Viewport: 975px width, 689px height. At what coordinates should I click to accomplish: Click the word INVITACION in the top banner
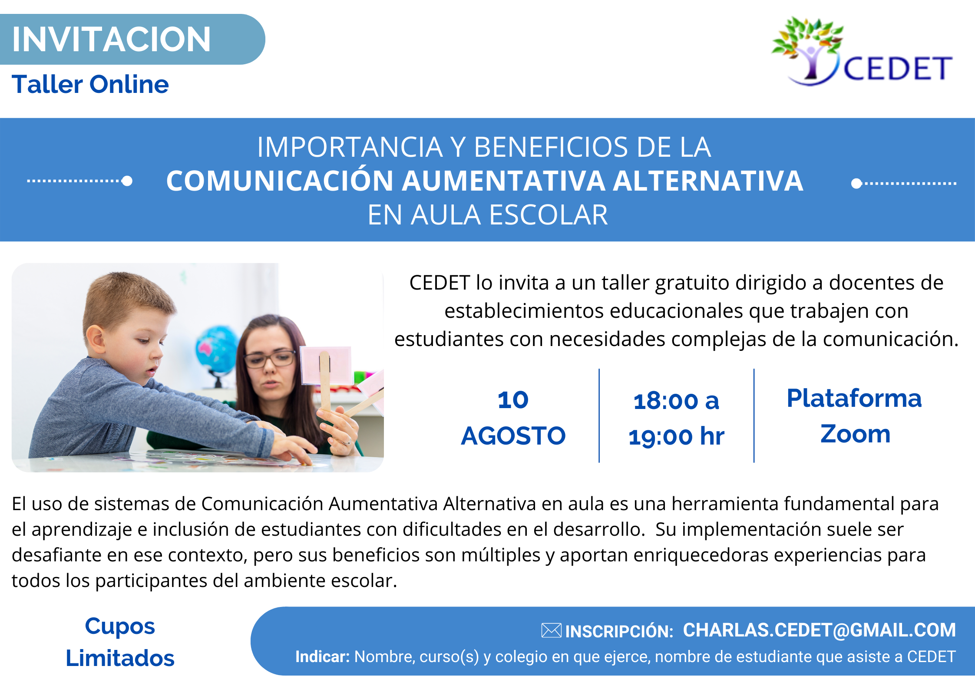click(111, 39)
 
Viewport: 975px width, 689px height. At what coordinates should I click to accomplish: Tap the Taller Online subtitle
click(90, 84)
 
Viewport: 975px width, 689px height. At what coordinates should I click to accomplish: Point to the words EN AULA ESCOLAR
click(487, 215)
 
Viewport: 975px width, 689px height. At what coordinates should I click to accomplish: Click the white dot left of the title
click(127, 181)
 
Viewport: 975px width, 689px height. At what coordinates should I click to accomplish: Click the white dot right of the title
click(856, 184)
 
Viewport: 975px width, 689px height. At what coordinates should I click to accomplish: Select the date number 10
click(513, 400)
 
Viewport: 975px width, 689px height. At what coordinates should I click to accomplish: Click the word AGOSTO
click(513, 436)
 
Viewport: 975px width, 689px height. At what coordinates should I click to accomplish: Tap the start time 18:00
click(666, 401)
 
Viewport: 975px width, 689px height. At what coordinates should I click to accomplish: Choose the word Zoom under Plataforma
click(855, 434)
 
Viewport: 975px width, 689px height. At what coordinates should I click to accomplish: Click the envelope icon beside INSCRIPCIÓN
click(552, 630)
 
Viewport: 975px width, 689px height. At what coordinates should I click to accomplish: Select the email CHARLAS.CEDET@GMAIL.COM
click(820, 630)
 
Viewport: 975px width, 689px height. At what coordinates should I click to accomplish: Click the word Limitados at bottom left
click(120, 658)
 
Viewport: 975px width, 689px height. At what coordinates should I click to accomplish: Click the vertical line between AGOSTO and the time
click(599, 415)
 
